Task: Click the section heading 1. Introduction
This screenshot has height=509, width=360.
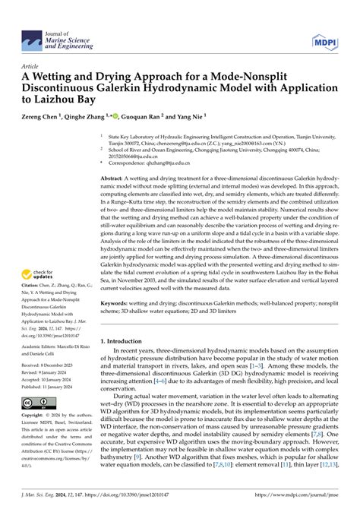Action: point(125,364)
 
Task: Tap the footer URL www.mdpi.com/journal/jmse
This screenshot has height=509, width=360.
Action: point(305,498)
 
